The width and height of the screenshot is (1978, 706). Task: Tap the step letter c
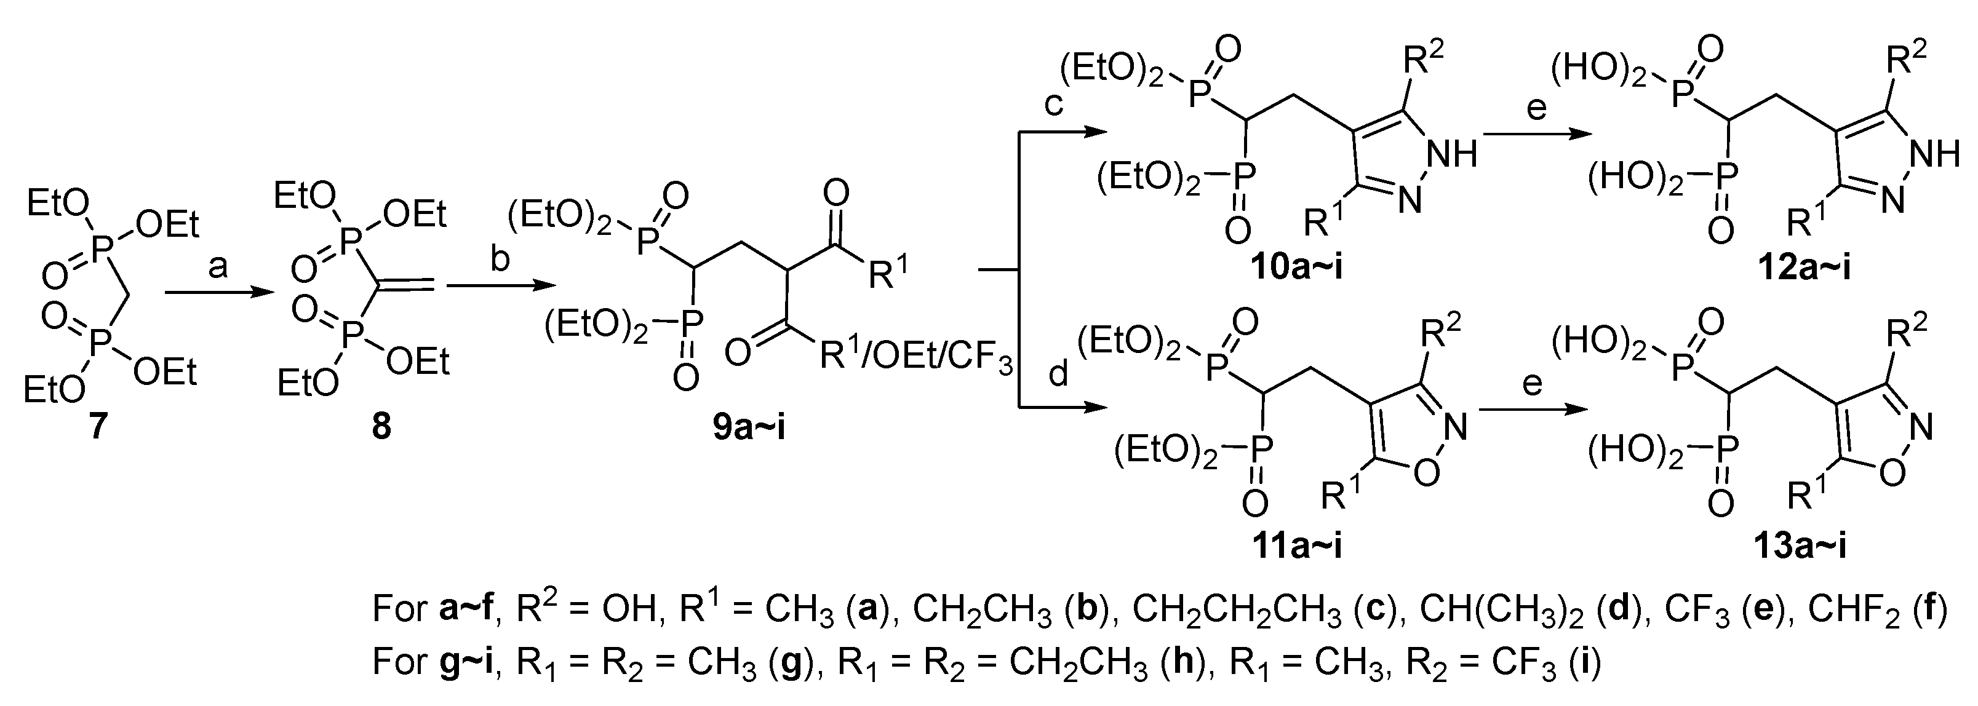(1053, 103)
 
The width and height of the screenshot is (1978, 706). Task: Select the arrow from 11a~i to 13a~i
(1533, 409)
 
